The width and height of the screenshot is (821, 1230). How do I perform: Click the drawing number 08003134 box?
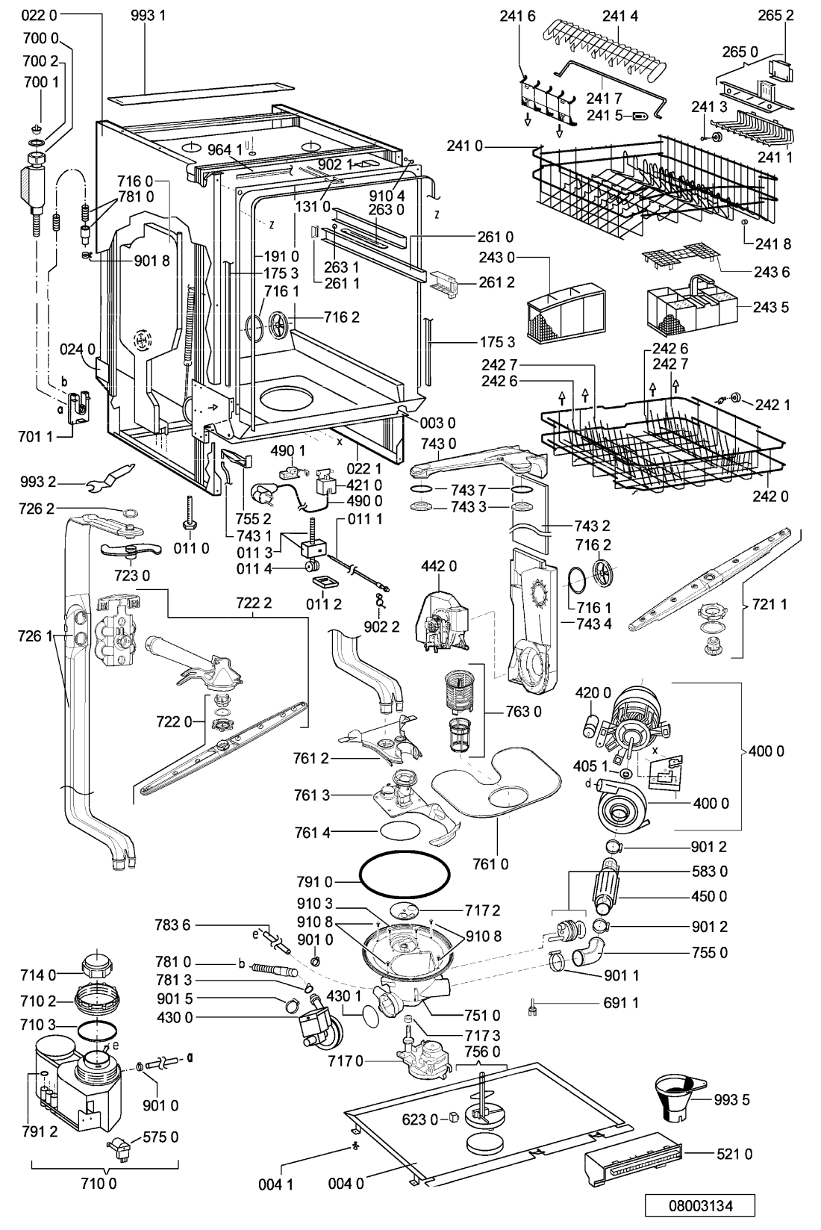pos(700,1206)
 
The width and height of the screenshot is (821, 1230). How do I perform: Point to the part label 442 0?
pos(439,566)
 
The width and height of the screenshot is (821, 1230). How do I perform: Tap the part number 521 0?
pos(734,1155)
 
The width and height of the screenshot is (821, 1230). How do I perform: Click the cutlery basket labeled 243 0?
pos(566,314)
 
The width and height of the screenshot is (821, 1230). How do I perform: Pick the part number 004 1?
pos(275,1185)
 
